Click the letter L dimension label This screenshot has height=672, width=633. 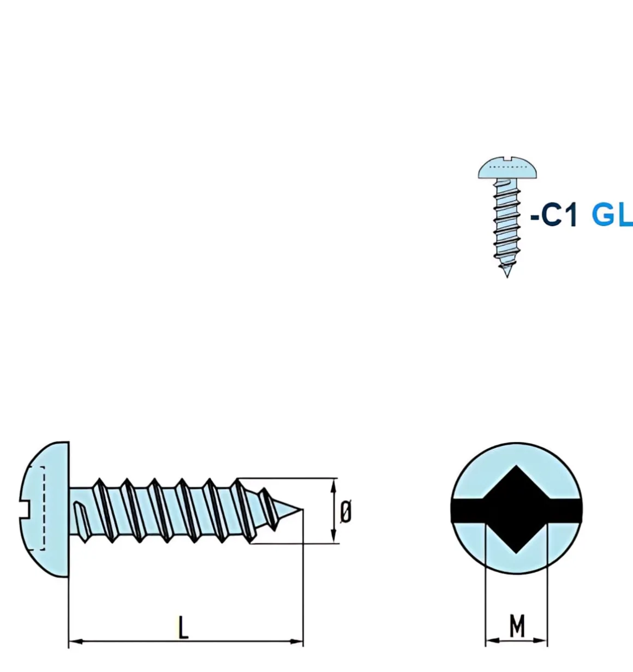tap(183, 628)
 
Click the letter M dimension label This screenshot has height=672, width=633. tap(517, 626)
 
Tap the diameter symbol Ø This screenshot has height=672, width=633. tap(345, 512)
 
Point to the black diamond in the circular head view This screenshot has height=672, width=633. tap(516, 509)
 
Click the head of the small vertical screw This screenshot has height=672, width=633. tap(507, 168)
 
